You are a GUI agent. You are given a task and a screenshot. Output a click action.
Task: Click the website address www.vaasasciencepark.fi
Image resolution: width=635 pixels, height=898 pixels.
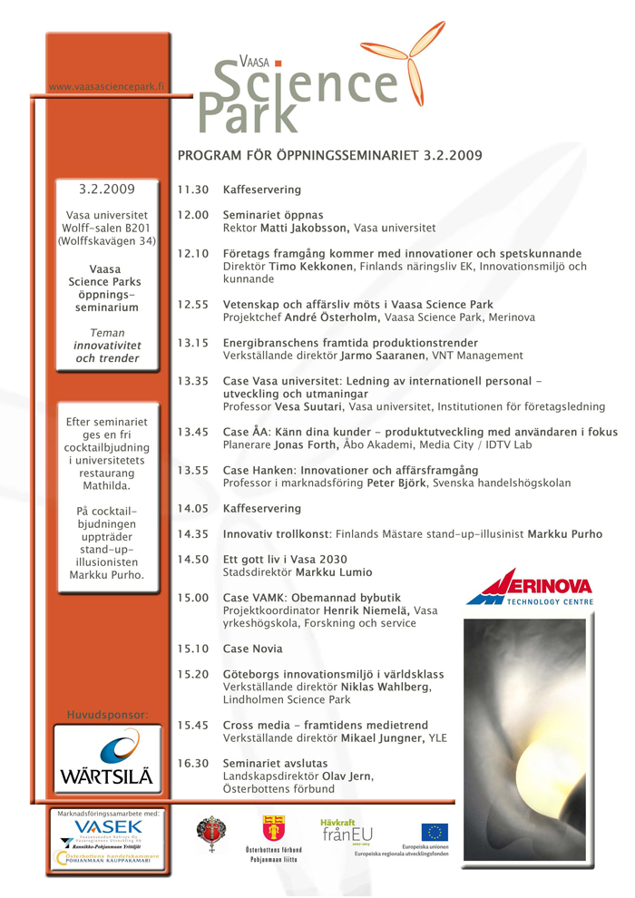click(107, 87)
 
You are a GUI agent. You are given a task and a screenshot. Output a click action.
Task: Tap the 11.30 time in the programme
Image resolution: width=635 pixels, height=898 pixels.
click(195, 190)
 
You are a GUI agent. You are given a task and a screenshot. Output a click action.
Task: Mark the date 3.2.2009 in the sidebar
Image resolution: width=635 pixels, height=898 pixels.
click(106, 190)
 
